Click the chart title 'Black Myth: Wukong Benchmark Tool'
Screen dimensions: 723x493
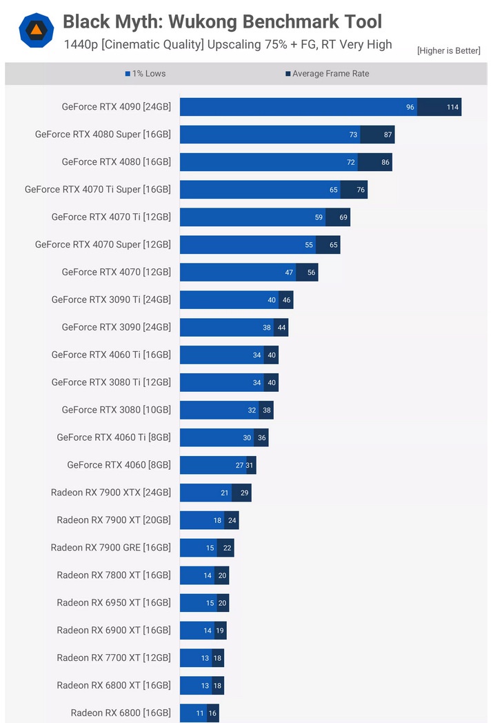pyautogui.click(x=222, y=21)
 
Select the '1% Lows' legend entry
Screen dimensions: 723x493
pyautogui.click(x=145, y=74)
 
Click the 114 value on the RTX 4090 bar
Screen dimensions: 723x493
pyautogui.click(x=452, y=107)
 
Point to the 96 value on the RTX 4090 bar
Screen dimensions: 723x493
pyautogui.click(x=410, y=107)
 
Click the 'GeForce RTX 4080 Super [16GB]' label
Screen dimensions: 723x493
pyautogui.click(x=103, y=135)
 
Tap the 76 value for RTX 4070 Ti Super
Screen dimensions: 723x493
pyautogui.click(x=361, y=190)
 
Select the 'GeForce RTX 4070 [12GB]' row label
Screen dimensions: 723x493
pyautogui.click(x=116, y=273)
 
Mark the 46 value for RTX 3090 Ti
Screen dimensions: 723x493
pyautogui.click(x=286, y=300)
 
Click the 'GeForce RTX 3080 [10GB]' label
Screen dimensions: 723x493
pyautogui.click(x=116, y=410)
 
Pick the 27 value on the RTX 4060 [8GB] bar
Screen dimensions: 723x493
pyautogui.click(x=239, y=465)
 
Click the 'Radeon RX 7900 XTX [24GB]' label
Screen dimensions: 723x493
pyautogui.click(x=110, y=493)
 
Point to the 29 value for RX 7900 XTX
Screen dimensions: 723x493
pyautogui.click(x=244, y=493)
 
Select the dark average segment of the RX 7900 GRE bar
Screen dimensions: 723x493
pyautogui.click(x=225, y=548)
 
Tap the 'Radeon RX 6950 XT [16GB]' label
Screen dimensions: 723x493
pyautogui.click(x=114, y=603)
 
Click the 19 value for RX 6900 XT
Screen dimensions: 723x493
pyautogui.click(x=220, y=631)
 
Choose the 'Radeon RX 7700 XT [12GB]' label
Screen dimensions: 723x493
pyautogui.click(x=114, y=658)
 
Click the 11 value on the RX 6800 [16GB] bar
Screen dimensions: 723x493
pyautogui.click(x=200, y=713)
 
